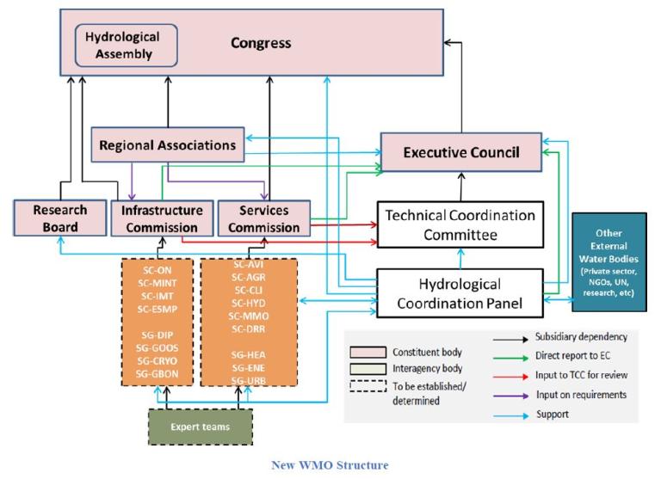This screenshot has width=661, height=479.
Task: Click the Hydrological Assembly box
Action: (x=127, y=45)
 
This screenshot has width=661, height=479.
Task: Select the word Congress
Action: (x=261, y=43)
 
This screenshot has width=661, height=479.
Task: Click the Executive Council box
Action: (x=461, y=153)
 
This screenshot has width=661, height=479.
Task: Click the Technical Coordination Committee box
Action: (x=456, y=224)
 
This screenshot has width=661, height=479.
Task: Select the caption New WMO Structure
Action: (x=330, y=465)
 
